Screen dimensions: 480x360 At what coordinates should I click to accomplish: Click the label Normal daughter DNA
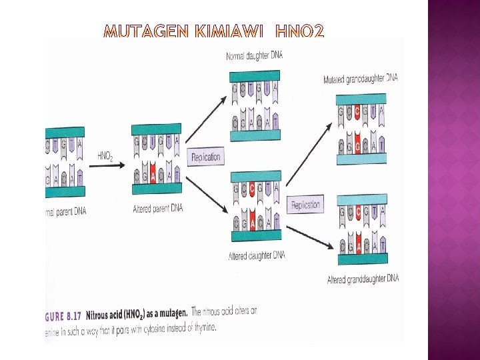coord(254,56)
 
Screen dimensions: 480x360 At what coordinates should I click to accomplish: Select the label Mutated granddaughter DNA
coord(361,78)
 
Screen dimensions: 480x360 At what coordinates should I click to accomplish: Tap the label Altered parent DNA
coord(157,209)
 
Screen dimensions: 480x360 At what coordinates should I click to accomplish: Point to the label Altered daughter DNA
coord(257,255)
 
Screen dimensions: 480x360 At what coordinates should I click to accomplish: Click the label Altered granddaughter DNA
coord(363,279)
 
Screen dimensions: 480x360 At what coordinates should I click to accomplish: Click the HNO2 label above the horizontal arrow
coord(105,156)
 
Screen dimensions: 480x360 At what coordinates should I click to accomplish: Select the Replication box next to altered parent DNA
coord(205,157)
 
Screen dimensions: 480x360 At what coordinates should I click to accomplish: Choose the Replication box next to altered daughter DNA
coord(306,205)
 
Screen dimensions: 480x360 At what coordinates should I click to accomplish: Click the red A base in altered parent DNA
coord(153,175)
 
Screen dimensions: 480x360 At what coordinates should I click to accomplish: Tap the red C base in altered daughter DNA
coord(251,189)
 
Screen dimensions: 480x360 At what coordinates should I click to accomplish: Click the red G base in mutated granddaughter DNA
coord(357,144)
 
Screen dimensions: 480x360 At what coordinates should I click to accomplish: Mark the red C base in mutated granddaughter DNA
coord(357,112)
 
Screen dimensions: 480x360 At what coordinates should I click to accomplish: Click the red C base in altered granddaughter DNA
coord(358,212)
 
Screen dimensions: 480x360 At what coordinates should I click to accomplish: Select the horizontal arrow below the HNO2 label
coord(107,165)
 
